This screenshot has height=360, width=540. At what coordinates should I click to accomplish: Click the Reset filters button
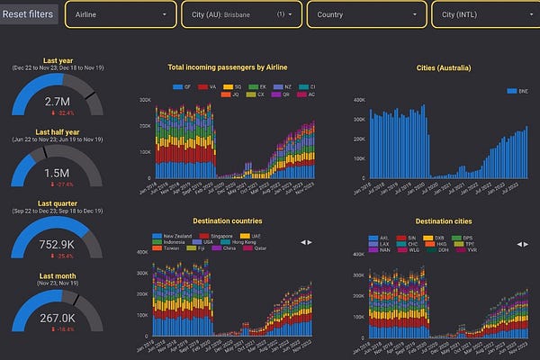pos(29,13)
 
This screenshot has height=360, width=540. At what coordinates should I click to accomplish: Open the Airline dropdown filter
pos(121,14)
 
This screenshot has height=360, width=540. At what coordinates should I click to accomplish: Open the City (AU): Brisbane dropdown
pos(240,14)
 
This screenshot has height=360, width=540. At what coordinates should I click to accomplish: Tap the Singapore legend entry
pos(226,233)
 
